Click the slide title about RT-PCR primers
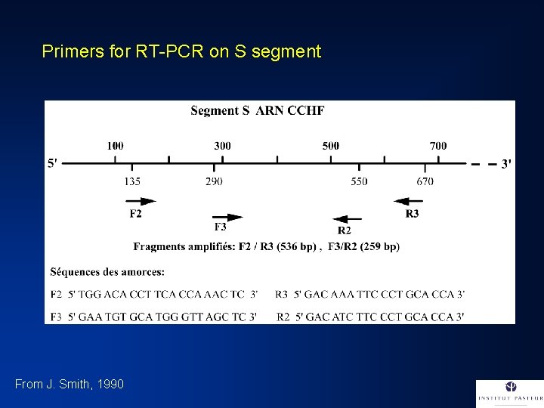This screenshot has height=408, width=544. [x=181, y=52]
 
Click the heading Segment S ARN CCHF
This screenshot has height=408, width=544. [x=257, y=111]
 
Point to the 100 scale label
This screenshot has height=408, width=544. [x=116, y=146]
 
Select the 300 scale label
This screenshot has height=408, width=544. [x=223, y=146]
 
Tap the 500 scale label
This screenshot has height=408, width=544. [x=330, y=146]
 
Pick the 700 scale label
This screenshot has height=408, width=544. [x=438, y=146]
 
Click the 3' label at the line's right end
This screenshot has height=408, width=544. [x=506, y=163]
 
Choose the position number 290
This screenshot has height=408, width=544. [x=214, y=181]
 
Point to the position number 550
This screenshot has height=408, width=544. [x=360, y=181]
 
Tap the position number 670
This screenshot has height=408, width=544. [x=425, y=181]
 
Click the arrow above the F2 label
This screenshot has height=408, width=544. [x=142, y=201]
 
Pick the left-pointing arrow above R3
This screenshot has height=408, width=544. [x=408, y=201]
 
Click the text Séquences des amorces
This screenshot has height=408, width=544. [x=107, y=271]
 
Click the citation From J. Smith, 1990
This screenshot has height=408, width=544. [x=69, y=385]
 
